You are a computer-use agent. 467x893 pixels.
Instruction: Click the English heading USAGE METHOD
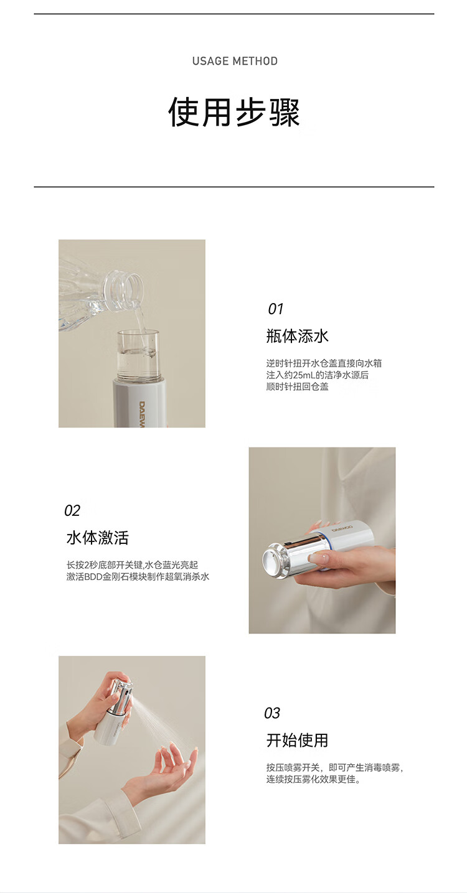tap(235, 61)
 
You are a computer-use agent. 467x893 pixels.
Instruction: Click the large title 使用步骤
tap(233, 112)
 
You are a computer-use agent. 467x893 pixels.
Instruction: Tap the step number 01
tap(275, 309)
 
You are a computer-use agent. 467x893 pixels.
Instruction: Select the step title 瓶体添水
tap(297, 336)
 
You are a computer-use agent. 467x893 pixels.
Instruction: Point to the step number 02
tap(72, 511)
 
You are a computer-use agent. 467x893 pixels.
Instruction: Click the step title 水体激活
tap(97, 538)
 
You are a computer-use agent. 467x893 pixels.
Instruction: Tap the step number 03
tap(272, 713)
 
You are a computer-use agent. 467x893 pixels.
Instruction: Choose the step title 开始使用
tap(297, 741)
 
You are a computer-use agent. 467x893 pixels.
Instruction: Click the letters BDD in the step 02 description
tap(93, 577)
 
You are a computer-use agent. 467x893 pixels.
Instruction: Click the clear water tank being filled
tap(138, 355)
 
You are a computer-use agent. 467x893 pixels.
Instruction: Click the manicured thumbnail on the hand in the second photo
tap(318, 559)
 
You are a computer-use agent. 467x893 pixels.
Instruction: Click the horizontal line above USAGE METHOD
tap(233, 14)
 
